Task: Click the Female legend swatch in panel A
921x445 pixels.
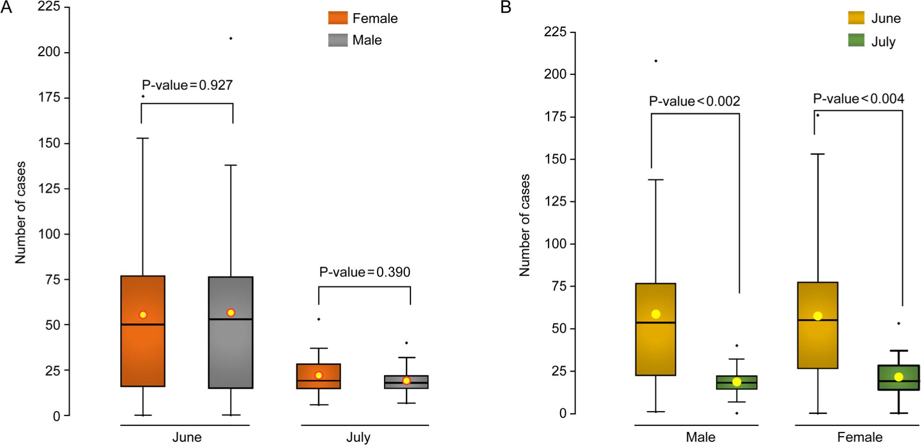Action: coord(338,18)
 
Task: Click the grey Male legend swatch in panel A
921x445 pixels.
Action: coord(338,40)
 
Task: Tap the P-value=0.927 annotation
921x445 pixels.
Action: coord(187,85)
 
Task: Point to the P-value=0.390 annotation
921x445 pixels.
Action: coord(364,272)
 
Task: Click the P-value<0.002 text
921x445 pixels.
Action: coord(694,101)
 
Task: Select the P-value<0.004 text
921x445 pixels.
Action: coord(858,99)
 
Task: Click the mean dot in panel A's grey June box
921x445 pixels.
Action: coord(230,313)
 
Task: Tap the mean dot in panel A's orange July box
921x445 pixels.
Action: coord(318,375)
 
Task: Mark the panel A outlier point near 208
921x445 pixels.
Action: coord(230,38)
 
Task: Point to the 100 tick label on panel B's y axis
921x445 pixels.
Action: coord(554,244)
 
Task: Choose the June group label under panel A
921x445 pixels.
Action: coord(187,437)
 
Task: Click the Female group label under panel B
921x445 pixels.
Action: coord(860,437)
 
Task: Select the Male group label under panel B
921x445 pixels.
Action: coord(701,437)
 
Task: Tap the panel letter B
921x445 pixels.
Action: coord(506,8)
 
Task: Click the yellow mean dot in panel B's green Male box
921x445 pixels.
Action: coord(736,382)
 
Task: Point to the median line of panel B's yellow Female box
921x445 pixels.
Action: coord(817,320)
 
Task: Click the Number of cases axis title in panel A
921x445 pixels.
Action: coord(20,212)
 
